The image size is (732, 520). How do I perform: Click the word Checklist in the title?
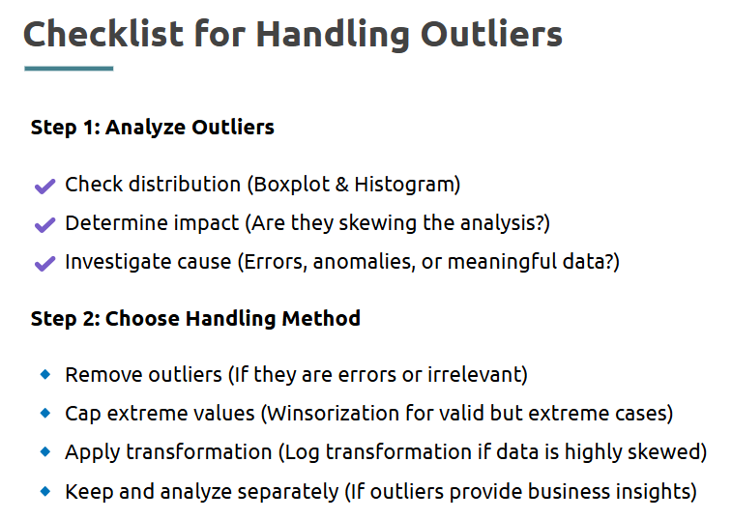coord(103,34)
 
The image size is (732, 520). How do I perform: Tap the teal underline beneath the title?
coord(69,69)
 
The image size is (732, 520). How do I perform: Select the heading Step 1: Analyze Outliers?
coord(152,128)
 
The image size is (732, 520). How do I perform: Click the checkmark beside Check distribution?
coord(44,186)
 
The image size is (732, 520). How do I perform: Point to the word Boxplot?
coord(292,185)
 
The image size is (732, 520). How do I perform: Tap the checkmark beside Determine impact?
coord(44,224)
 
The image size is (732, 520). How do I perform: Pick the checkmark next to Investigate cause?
coord(44,263)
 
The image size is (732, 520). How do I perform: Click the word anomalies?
coord(364,262)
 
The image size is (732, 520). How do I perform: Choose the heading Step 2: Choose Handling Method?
coord(195,319)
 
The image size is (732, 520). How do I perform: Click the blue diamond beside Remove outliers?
coord(45,374)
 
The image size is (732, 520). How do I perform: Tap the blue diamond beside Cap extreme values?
coord(45,413)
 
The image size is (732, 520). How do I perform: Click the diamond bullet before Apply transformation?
coord(45,451)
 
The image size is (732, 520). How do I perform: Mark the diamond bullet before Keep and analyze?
coord(45,491)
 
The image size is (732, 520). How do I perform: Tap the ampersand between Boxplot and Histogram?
coord(341,185)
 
